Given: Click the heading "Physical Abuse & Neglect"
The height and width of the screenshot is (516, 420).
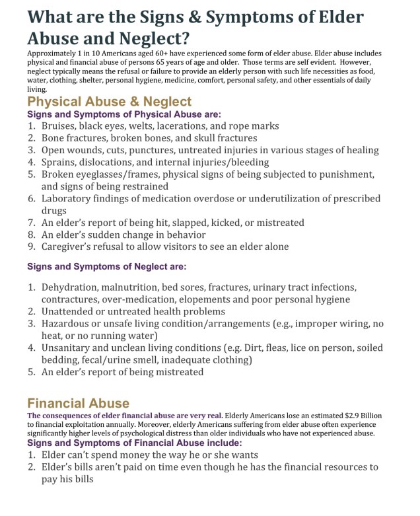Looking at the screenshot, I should (109, 102).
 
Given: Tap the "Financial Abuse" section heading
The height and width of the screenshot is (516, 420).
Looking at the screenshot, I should (78, 402).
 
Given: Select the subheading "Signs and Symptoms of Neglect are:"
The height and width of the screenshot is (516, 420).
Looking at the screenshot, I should (106, 267).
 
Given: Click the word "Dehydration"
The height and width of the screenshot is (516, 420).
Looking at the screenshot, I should (71, 287).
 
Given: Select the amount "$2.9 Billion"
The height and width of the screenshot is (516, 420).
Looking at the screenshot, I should (355, 415).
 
